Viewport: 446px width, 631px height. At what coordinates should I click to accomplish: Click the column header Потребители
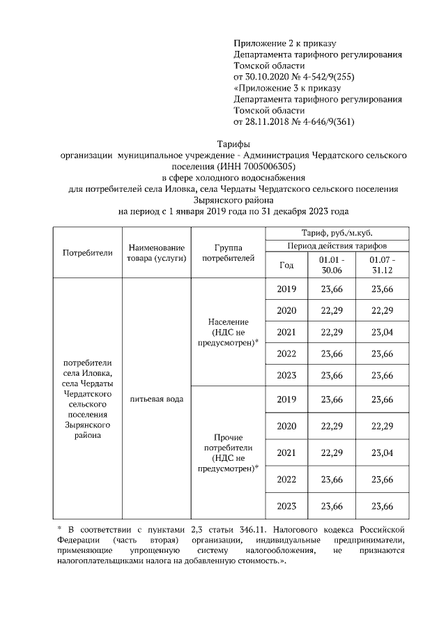(87, 252)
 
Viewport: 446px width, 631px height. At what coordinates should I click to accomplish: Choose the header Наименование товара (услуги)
(156, 252)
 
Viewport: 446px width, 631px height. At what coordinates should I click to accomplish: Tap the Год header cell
(286, 265)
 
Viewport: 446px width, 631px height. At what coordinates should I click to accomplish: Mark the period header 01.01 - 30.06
(331, 265)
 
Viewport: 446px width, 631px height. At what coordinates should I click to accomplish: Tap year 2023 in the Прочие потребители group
(286, 505)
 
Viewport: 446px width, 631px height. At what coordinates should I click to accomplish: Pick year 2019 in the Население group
(286, 289)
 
